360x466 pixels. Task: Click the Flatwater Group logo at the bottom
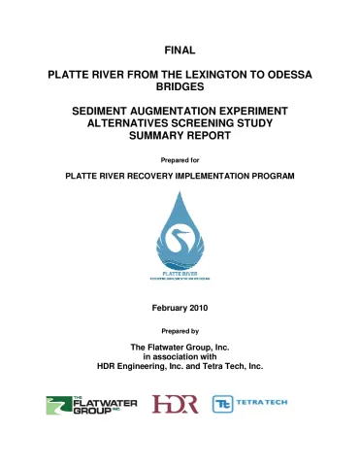[92, 403]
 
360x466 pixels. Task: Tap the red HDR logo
[175, 403]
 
